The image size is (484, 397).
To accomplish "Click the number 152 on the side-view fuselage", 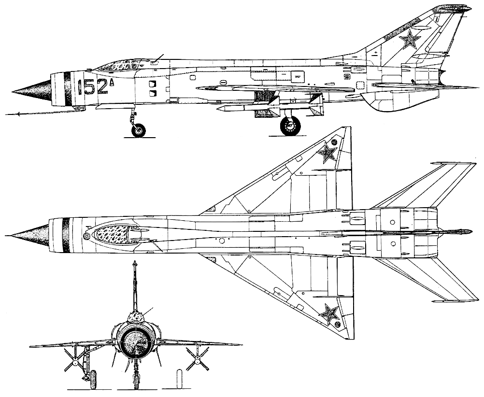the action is click(x=93, y=87).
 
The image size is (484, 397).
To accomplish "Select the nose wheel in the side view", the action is click(x=139, y=130).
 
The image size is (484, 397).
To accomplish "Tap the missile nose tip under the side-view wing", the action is click(x=218, y=109).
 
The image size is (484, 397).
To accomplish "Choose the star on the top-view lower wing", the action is click(x=328, y=314).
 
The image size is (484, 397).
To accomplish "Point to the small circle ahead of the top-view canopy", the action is click(x=86, y=237).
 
